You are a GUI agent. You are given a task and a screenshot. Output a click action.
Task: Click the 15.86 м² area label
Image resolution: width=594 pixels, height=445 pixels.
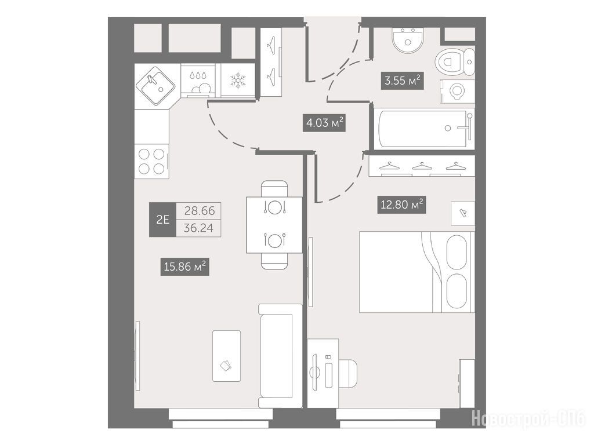(185, 267)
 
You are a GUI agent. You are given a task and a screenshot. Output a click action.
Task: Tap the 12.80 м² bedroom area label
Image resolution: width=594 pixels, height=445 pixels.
(401, 205)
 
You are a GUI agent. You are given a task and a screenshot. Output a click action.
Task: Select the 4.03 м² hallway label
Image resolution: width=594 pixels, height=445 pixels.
(324, 123)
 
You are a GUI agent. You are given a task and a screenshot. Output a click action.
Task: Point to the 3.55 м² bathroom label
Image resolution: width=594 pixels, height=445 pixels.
(402, 80)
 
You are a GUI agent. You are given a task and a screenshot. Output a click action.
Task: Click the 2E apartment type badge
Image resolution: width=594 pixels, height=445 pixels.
(162, 220)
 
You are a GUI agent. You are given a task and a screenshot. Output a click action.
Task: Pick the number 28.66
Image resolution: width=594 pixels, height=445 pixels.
(200, 211)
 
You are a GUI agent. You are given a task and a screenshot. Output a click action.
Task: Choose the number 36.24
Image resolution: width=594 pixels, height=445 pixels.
(198, 228)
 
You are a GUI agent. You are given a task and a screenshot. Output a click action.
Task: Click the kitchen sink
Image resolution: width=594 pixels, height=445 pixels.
(155, 86)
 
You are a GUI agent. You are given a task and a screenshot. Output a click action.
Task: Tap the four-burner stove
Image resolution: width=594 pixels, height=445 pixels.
(151, 161)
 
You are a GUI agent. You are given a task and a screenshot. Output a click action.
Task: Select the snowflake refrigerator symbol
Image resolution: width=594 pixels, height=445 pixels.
(238, 80)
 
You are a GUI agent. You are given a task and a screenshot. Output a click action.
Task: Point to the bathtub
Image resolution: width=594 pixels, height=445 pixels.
(424, 129)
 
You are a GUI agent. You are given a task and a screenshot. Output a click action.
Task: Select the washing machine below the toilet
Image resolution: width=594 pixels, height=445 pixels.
(457, 91)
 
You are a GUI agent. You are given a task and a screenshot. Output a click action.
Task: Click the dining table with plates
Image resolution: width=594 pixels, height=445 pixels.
(274, 225)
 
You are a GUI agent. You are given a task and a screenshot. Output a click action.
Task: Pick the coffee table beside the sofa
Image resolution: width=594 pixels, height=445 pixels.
(227, 356)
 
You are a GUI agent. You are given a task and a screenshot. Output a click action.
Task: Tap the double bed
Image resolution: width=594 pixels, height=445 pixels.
(416, 272)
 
